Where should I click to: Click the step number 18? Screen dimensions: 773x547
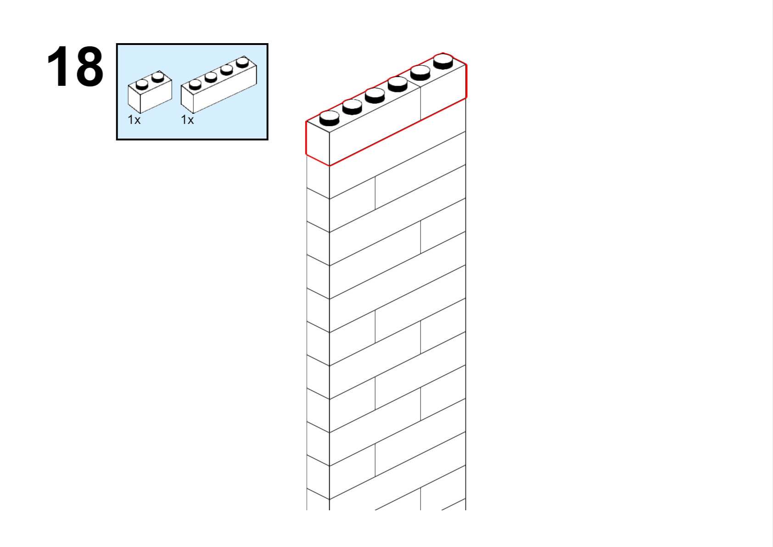(75, 66)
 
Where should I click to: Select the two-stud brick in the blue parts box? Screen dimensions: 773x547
(150, 92)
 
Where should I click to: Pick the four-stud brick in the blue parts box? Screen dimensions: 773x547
(219, 84)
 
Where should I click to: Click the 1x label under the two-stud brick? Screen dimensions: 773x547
(134, 120)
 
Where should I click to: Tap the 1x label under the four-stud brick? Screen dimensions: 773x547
(187, 120)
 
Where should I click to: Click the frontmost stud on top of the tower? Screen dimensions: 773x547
(330, 118)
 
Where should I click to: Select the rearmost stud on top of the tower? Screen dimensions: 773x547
(443, 61)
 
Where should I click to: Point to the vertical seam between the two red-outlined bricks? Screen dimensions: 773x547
(420, 103)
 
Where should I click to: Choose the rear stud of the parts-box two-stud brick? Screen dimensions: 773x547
(158, 77)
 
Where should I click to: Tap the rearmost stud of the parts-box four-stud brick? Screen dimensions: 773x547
(243, 62)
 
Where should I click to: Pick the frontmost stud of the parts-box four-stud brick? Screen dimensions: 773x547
(195, 84)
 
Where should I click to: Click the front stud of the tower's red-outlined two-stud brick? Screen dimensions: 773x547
(420, 73)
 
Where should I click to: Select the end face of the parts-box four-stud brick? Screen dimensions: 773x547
(187, 100)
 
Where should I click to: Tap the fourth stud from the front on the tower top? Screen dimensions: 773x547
(398, 84)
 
